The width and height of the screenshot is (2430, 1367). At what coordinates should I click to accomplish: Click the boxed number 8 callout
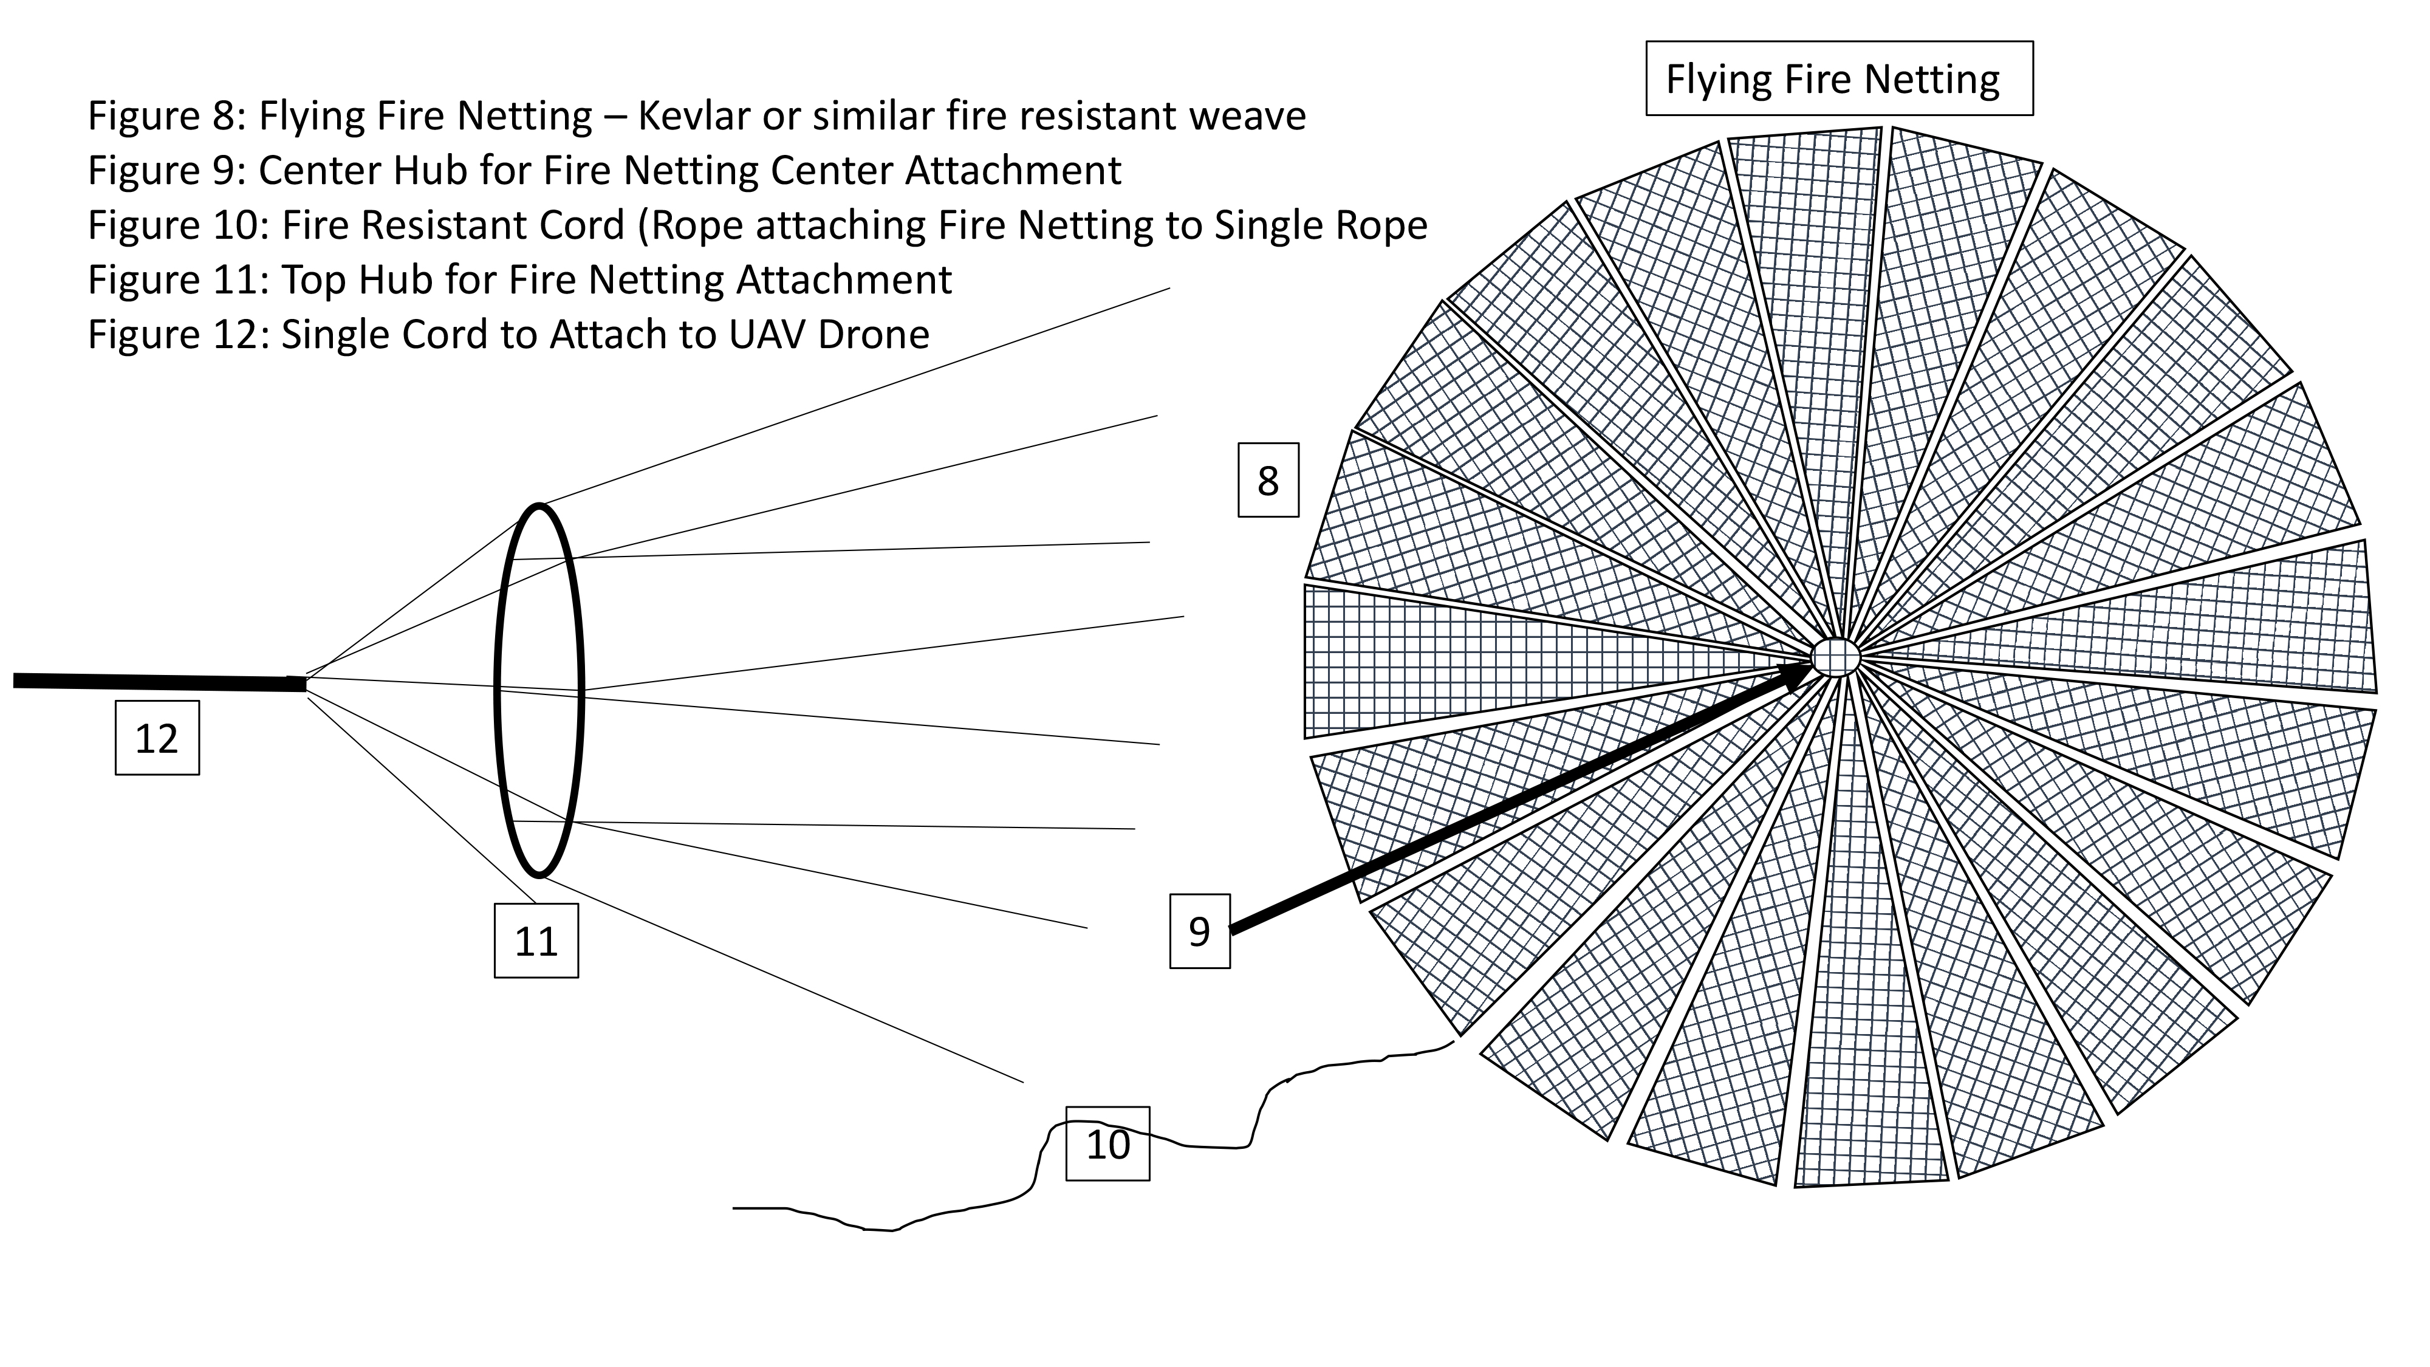1268,480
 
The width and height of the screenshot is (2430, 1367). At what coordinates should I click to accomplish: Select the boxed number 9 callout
1199,931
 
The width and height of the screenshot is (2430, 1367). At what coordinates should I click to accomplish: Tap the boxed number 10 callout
1107,1143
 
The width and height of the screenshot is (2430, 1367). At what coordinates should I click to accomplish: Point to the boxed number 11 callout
536,940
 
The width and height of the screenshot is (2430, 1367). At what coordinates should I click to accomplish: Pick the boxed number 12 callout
157,738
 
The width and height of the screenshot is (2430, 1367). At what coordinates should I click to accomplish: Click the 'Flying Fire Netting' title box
1838,78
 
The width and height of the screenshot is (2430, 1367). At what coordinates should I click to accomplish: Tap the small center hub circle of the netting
1836,656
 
